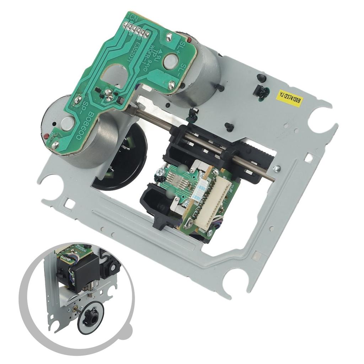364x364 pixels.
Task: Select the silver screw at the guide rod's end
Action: click(276, 168)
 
